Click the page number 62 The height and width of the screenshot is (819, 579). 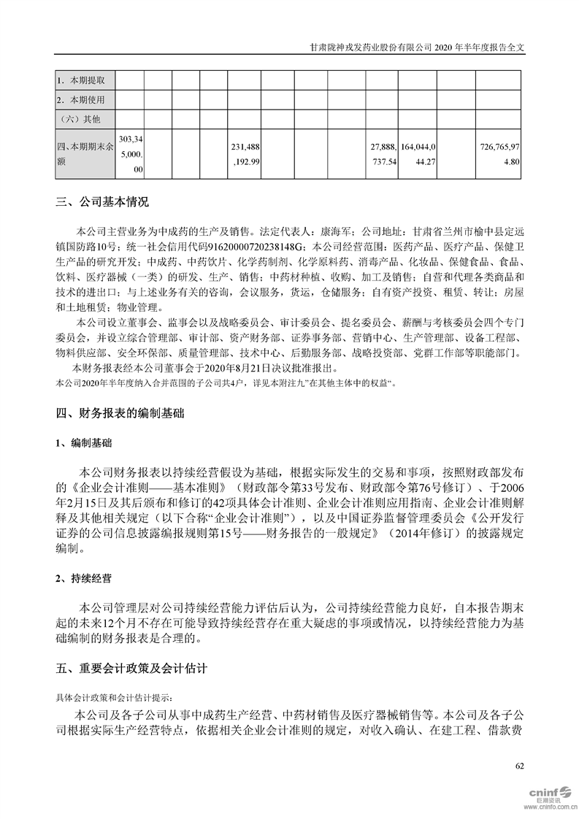click(x=519, y=765)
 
